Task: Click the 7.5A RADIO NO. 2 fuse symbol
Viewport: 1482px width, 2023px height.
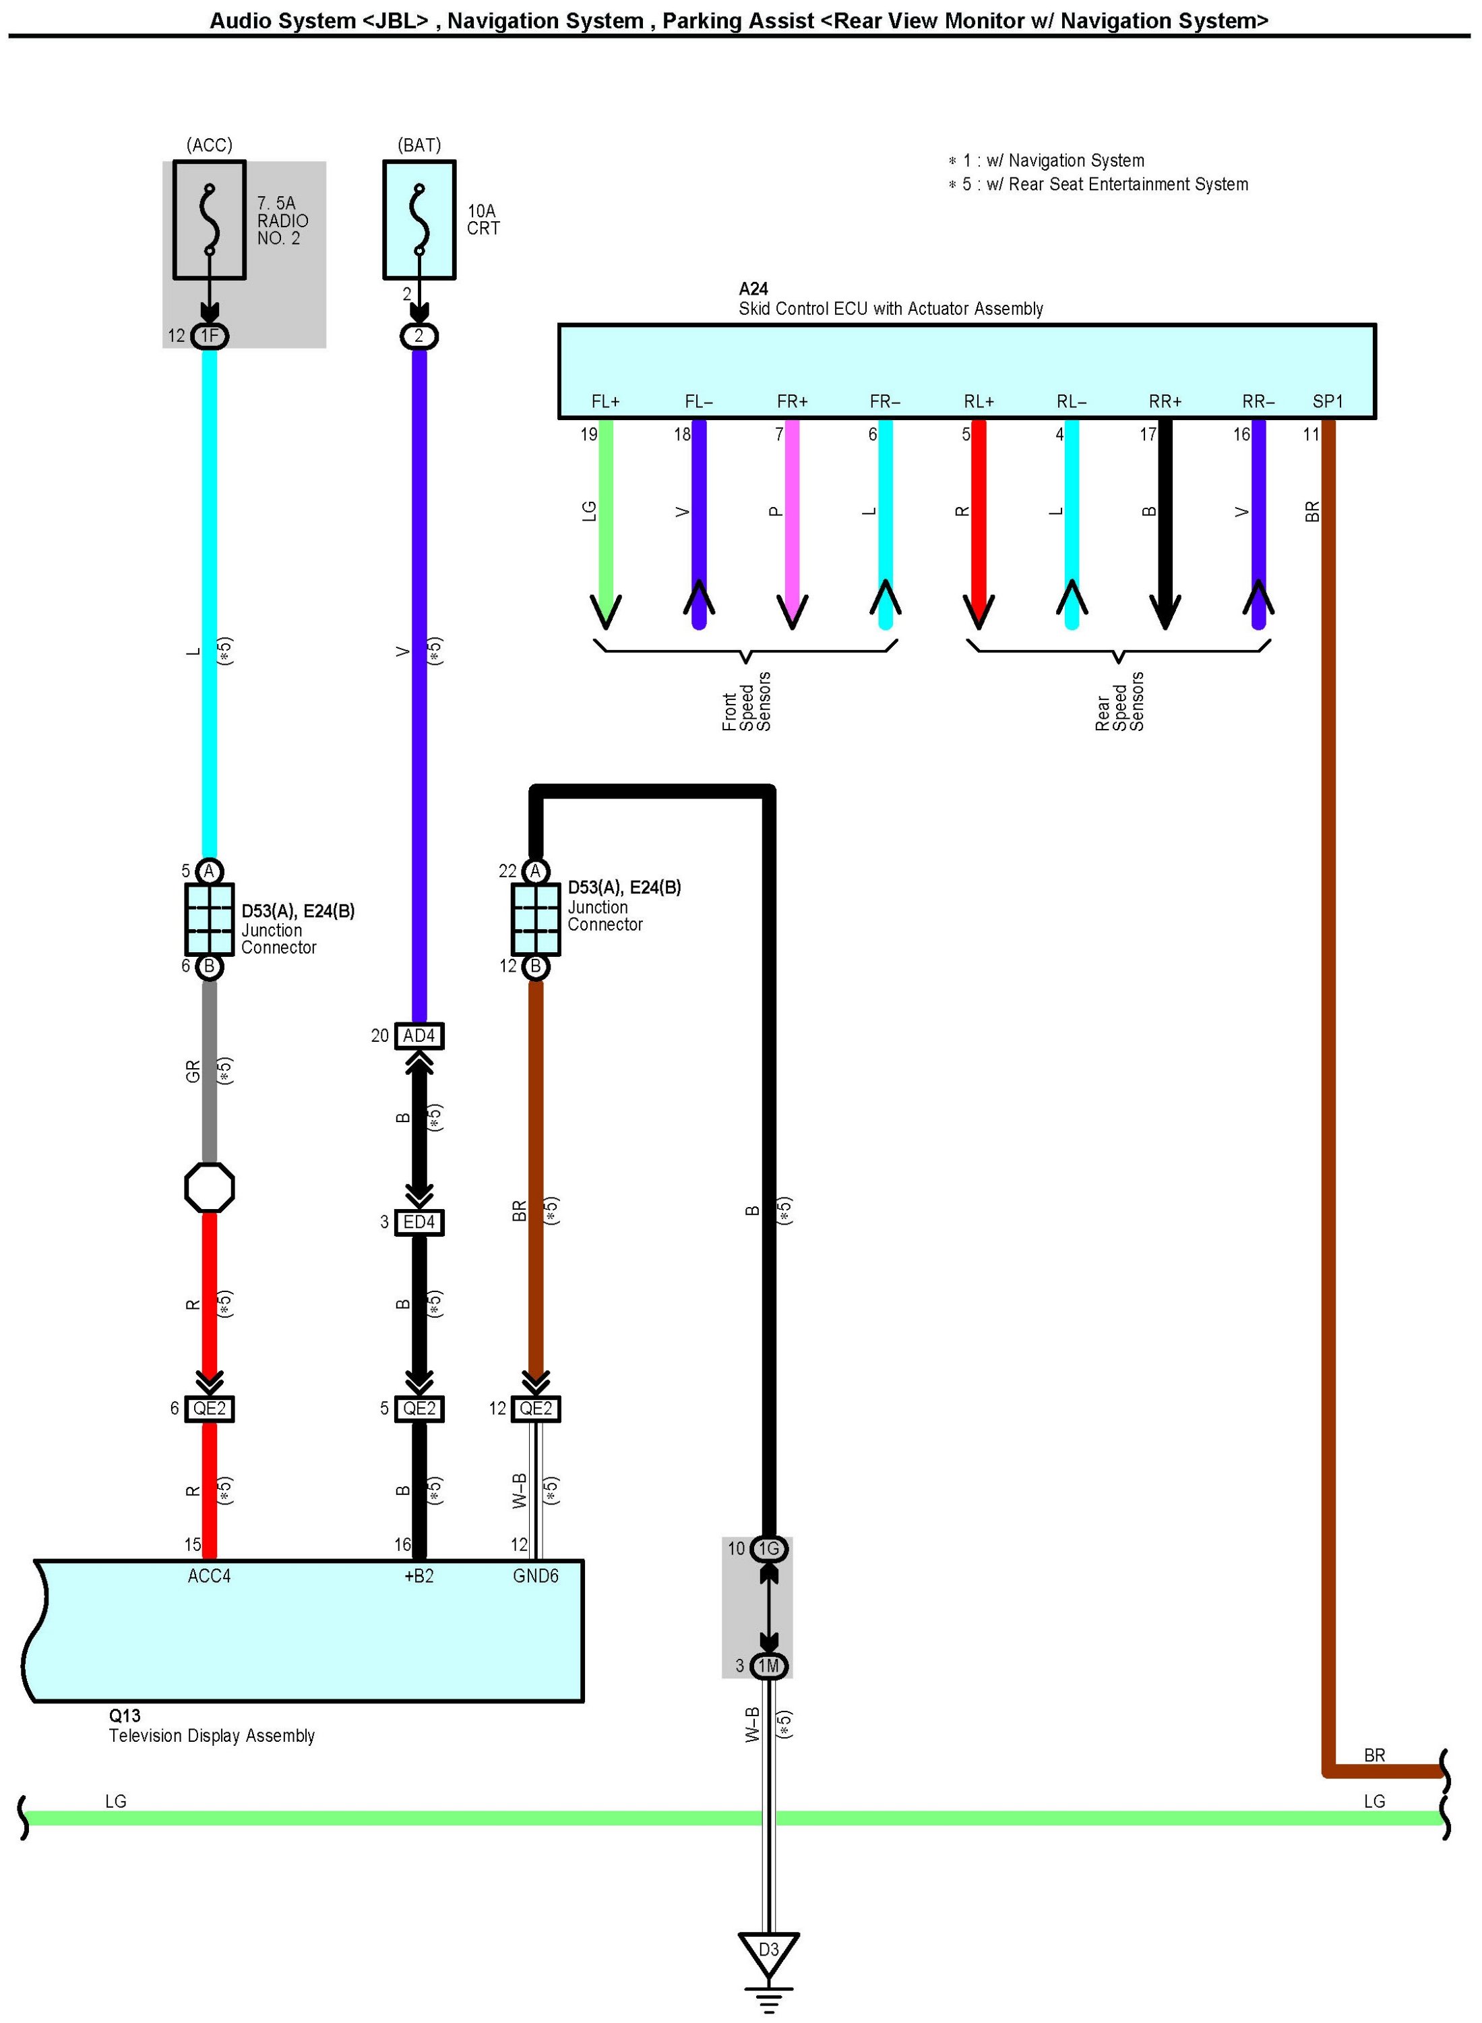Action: click(x=209, y=220)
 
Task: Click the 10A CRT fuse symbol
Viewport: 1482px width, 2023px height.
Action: click(x=419, y=220)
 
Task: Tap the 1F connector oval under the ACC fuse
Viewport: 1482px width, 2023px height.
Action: click(x=209, y=336)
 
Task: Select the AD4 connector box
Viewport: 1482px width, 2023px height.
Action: click(x=419, y=1036)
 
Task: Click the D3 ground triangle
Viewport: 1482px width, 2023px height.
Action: click(x=769, y=1952)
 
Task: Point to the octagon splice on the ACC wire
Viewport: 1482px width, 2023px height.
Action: click(x=209, y=1188)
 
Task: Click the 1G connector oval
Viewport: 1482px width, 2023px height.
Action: click(x=769, y=1548)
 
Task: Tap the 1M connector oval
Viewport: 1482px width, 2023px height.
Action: click(x=769, y=1666)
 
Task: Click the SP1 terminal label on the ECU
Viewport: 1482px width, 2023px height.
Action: click(x=1328, y=401)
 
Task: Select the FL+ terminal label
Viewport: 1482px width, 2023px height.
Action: click(x=606, y=401)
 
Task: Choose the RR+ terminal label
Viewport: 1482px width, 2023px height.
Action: click(x=1165, y=401)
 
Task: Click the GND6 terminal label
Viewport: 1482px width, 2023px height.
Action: click(x=536, y=1576)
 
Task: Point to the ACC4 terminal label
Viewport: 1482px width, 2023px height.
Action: click(x=209, y=1576)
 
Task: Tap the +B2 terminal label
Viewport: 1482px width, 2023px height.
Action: click(x=419, y=1576)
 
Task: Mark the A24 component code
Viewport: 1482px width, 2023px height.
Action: click(x=753, y=289)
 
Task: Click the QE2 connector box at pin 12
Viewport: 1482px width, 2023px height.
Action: click(x=536, y=1408)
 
